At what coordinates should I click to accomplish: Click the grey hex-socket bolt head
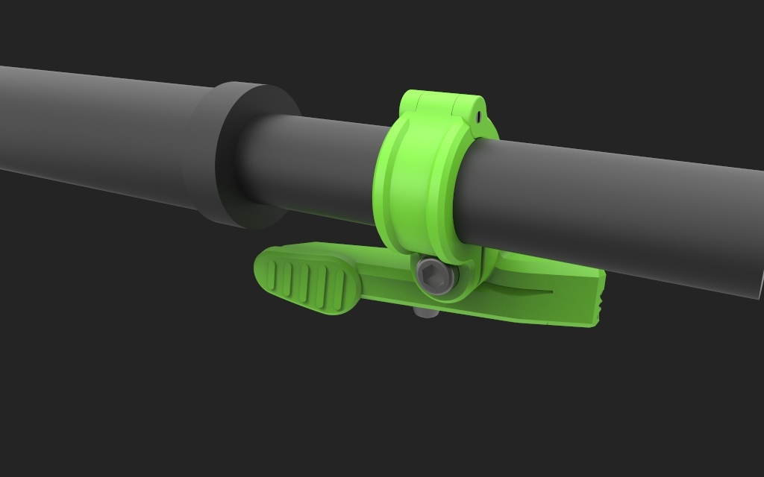pos(435,277)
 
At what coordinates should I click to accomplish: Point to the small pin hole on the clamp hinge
pos(475,116)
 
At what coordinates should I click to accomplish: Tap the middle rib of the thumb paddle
pos(306,284)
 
